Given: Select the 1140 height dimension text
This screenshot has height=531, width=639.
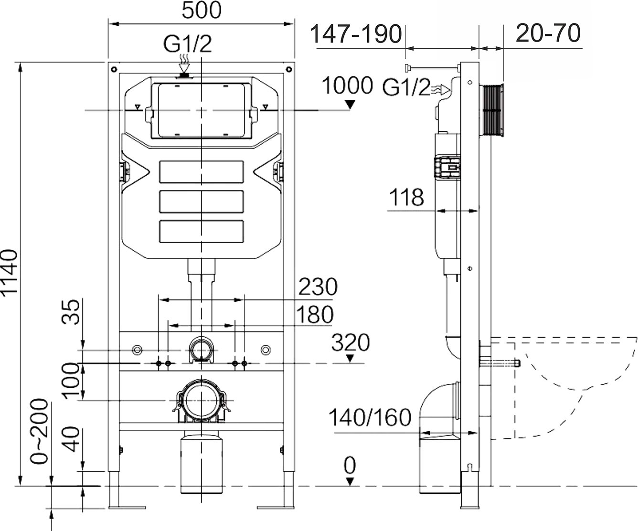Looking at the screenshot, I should [x=11, y=273].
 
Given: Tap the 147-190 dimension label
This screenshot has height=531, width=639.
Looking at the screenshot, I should [x=355, y=34].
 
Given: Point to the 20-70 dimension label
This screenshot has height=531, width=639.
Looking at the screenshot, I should [x=548, y=33].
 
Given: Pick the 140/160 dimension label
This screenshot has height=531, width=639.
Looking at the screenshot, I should [x=370, y=418].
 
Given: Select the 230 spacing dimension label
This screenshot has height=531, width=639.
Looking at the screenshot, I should [x=318, y=287].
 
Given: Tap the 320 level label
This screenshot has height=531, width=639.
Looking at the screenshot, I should [x=351, y=342].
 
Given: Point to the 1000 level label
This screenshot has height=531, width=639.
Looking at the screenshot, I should [x=347, y=86].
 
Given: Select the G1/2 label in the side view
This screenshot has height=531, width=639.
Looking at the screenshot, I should [x=406, y=88].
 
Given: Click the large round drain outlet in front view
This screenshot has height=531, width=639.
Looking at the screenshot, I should [x=201, y=399].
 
